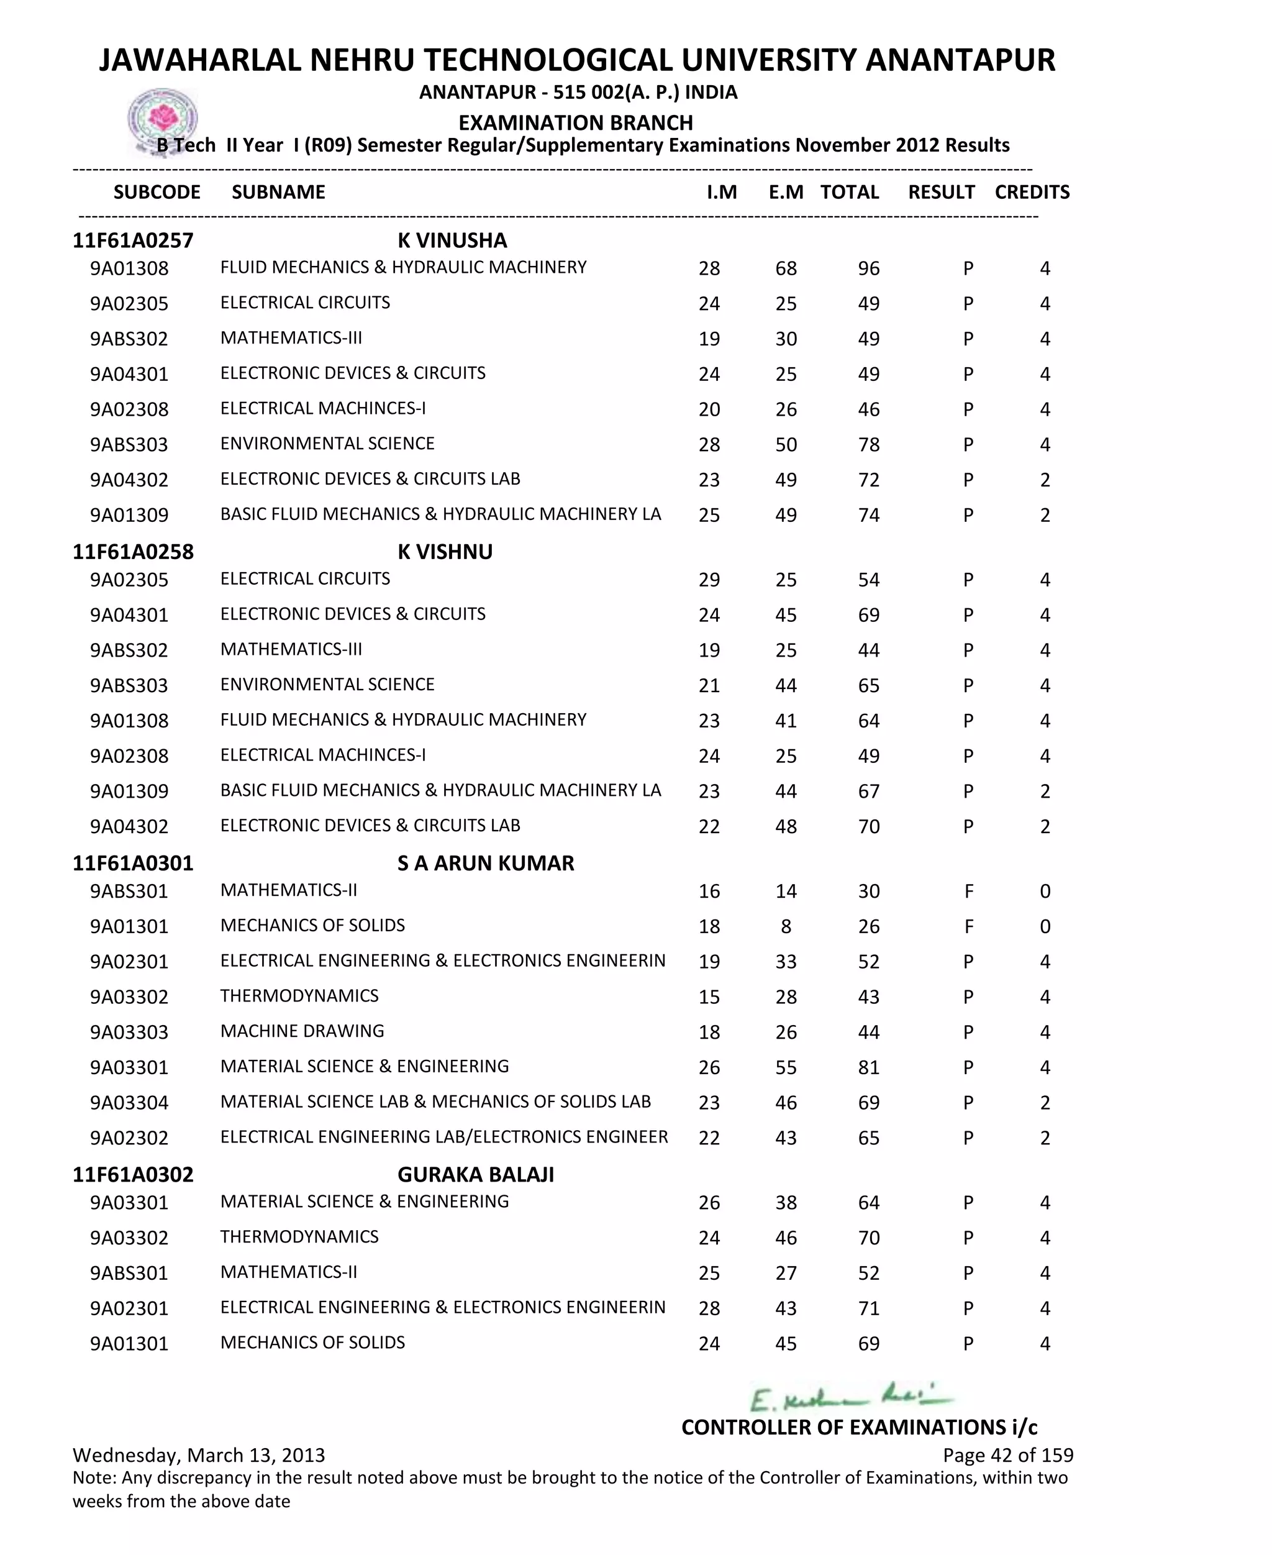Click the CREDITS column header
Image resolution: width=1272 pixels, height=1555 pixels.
click(x=1032, y=192)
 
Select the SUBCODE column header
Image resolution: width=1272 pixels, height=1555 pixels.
click(x=157, y=192)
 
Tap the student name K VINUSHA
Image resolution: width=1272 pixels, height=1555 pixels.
click(x=452, y=240)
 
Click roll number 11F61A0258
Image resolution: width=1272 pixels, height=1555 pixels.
click(x=134, y=552)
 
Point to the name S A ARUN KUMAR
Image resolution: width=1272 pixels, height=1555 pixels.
click(x=486, y=864)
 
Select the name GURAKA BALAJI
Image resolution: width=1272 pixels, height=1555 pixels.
click(x=476, y=1175)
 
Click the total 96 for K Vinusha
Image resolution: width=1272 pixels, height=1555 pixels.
click(x=868, y=268)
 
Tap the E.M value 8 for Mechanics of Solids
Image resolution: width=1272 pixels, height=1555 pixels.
click(x=786, y=926)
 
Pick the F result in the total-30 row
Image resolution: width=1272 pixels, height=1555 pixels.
click(x=969, y=891)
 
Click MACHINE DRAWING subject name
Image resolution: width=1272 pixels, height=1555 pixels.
click(x=302, y=1031)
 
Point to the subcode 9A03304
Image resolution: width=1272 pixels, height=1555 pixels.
click(x=129, y=1102)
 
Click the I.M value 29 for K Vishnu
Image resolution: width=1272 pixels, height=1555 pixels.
click(x=709, y=580)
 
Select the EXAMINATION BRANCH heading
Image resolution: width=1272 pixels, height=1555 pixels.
click(x=576, y=122)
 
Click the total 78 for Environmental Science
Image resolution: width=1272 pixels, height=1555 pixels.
click(x=868, y=444)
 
